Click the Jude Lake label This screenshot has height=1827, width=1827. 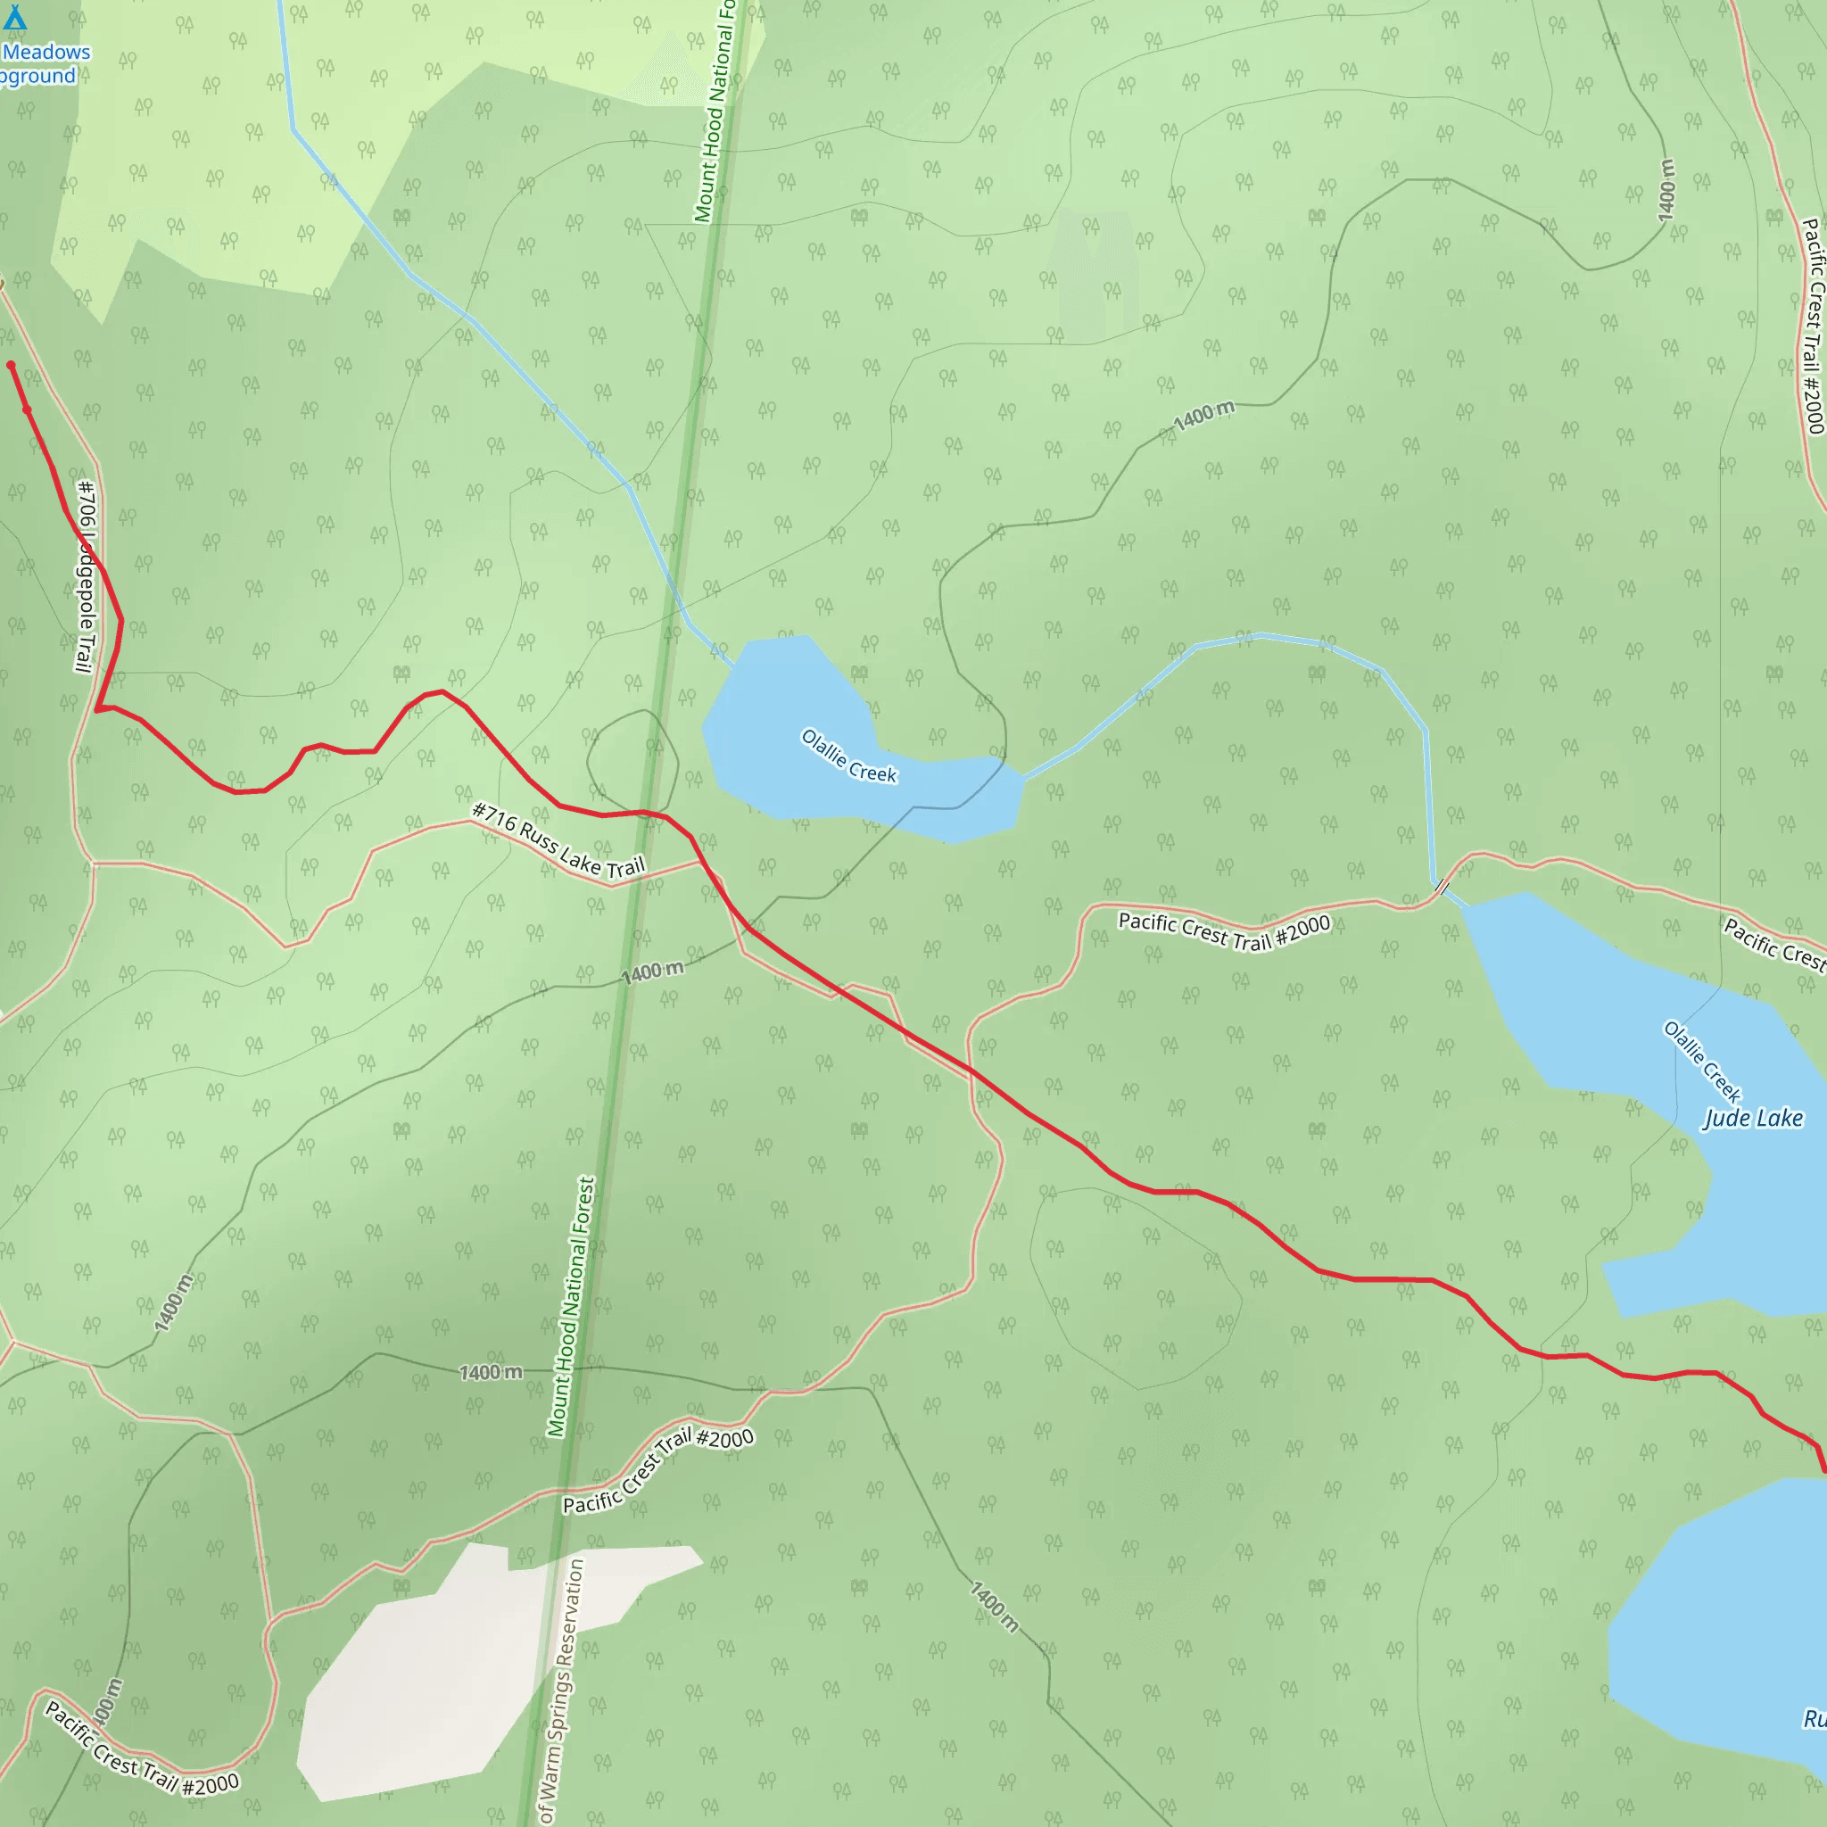point(1752,1119)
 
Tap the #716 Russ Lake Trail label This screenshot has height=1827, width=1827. point(558,839)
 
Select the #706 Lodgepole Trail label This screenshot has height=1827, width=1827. point(86,576)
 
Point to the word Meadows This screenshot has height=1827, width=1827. point(46,52)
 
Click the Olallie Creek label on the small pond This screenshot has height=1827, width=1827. point(848,755)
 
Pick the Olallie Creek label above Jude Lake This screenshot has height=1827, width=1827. point(1702,1061)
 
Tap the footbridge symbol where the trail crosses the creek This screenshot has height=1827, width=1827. point(1442,887)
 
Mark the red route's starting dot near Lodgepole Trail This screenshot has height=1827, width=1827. point(12,365)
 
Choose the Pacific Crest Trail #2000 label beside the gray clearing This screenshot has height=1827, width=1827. point(658,1470)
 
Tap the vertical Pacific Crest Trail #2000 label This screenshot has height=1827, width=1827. point(1812,326)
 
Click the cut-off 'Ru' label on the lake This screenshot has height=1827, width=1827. point(1814,1718)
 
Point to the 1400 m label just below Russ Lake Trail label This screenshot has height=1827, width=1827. point(651,971)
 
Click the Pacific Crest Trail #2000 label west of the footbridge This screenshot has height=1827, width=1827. point(1224,930)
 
